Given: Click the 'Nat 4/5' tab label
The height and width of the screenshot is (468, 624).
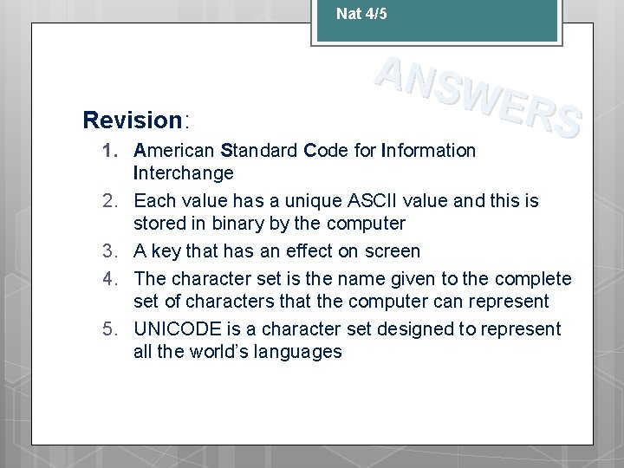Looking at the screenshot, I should pos(361,13).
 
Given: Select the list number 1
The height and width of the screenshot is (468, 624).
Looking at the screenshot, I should pos(111,151).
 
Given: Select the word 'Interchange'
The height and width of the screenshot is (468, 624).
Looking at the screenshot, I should pos(184,173).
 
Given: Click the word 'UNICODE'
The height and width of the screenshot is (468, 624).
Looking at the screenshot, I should pos(176,329).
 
